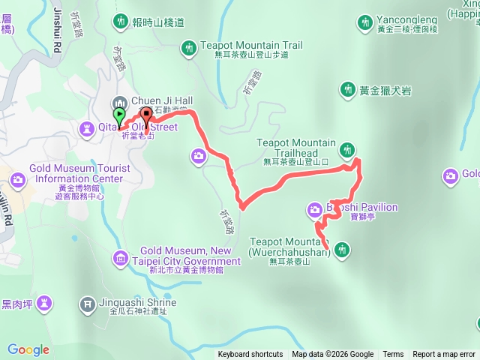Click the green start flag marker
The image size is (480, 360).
click(119, 116)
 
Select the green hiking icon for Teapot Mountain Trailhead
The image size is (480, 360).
click(346, 150)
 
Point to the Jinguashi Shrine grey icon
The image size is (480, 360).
click(87, 304)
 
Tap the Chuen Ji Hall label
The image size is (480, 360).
click(162, 100)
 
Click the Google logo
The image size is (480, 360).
click(28, 349)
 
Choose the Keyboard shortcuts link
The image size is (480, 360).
click(250, 355)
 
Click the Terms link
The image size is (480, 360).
click(393, 355)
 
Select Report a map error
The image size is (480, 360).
click(444, 355)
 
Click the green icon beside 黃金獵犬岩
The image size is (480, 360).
click(347, 91)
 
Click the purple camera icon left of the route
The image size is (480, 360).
click(199, 155)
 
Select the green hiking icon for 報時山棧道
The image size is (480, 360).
click(120, 21)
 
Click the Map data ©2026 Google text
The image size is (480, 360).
click(332, 355)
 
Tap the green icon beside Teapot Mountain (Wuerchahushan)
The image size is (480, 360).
click(342, 248)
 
